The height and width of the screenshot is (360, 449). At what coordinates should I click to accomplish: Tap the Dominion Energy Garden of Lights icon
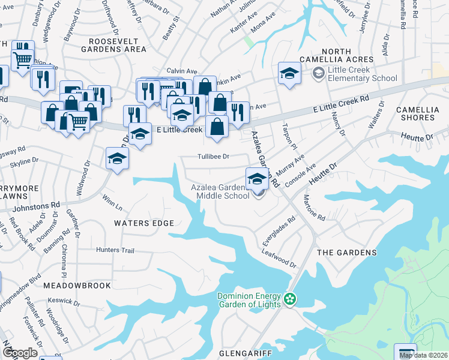click(291, 298)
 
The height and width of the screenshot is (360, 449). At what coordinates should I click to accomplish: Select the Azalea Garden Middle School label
click(220, 191)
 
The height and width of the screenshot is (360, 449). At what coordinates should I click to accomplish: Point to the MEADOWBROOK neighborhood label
click(77, 286)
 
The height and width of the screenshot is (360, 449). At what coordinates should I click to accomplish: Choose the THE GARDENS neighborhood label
click(346, 253)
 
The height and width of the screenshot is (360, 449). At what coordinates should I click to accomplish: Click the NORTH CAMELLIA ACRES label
click(348, 56)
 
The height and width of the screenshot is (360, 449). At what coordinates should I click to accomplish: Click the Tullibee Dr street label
click(214, 157)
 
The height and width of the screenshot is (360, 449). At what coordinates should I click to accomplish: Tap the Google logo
click(20, 352)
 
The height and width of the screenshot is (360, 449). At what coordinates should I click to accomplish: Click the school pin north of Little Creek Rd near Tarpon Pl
click(289, 74)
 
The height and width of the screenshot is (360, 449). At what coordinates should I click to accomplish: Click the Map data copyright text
click(423, 355)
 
